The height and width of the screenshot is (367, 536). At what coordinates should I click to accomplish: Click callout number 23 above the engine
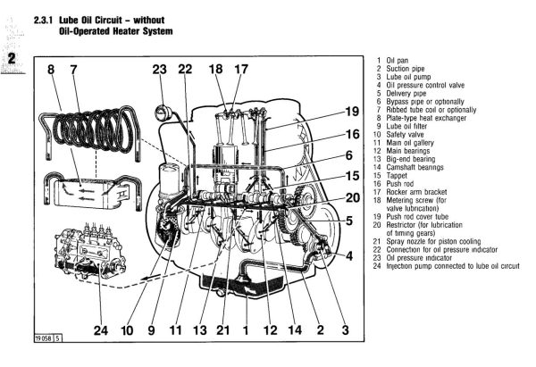[x=160, y=69]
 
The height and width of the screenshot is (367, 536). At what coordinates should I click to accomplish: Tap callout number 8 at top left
[x=51, y=69]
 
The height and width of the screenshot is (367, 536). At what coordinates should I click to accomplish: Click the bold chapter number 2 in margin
[x=12, y=59]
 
